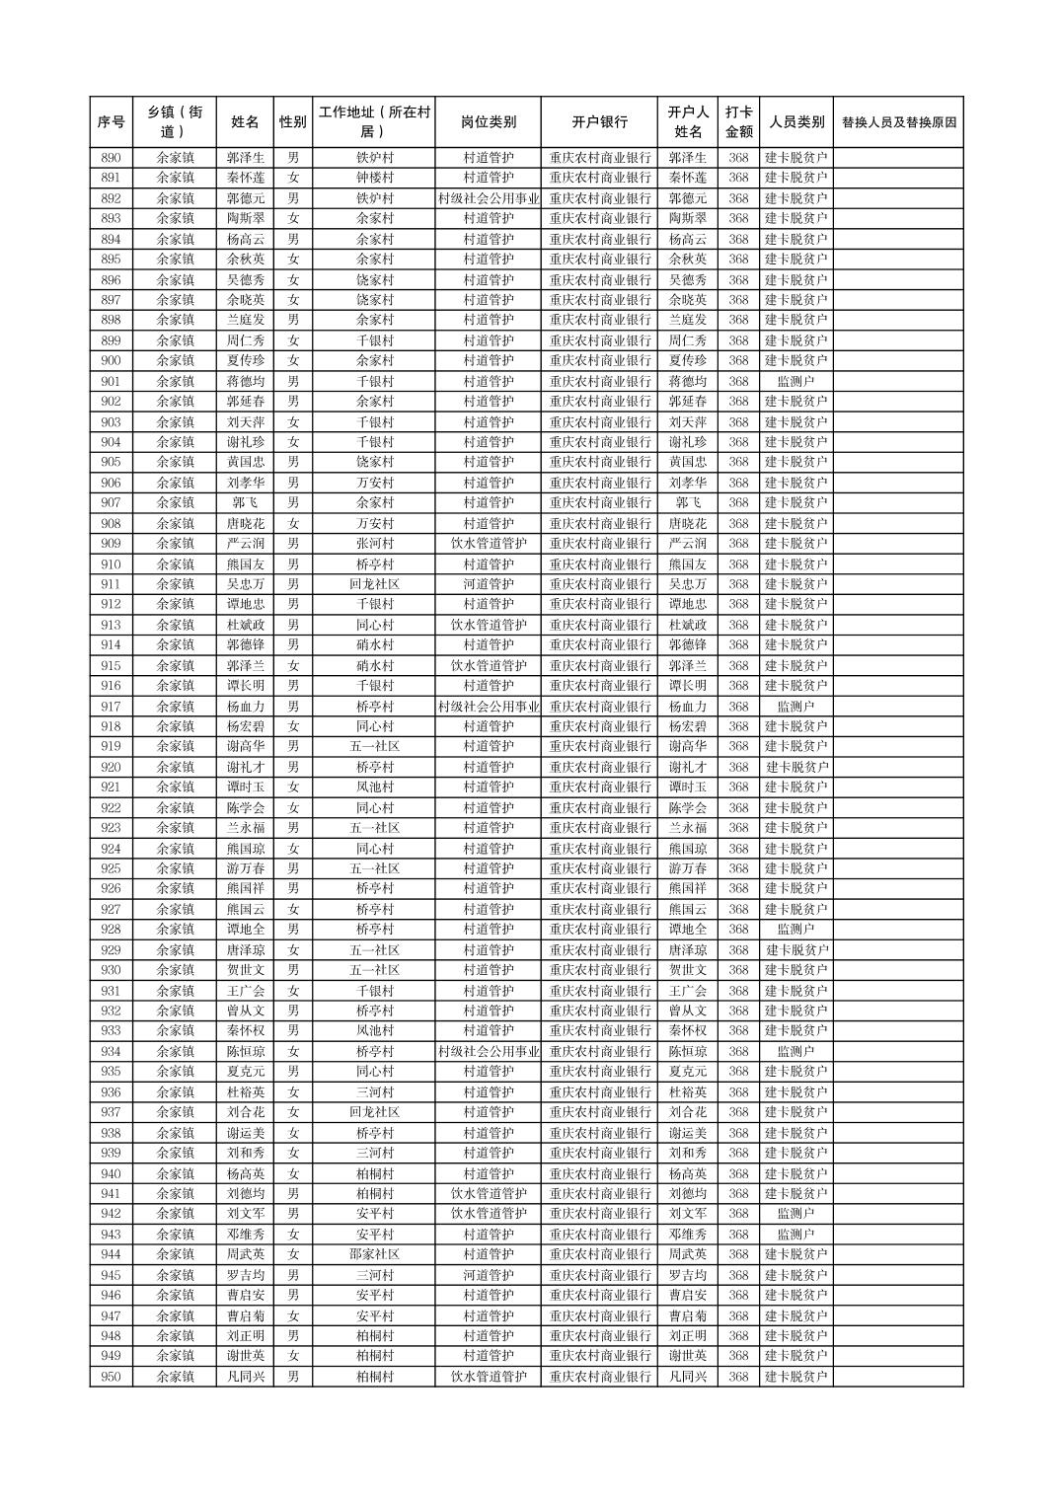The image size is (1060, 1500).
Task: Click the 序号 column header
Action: pyautogui.click(x=111, y=122)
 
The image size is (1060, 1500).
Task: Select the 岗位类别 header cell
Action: pyautogui.click(x=489, y=122)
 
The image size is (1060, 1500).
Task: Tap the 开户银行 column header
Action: pyautogui.click(x=599, y=122)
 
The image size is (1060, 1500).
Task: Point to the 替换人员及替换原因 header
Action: pyautogui.click(x=898, y=122)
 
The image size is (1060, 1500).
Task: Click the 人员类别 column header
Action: pyautogui.click(x=796, y=122)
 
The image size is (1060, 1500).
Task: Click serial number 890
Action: pyautogui.click(x=111, y=158)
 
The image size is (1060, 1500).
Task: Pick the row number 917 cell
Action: pyautogui.click(x=111, y=707)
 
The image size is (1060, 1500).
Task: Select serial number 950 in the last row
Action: pyautogui.click(x=111, y=1377)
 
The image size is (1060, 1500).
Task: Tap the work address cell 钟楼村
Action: pyautogui.click(x=374, y=178)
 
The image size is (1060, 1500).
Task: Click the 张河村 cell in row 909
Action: pyautogui.click(x=374, y=544)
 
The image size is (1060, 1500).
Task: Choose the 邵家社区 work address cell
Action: pyautogui.click(x=374, y=1254)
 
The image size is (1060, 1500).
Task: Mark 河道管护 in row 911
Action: pyautogui.click(x=489, y=584)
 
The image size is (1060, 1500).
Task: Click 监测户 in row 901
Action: pyautogui.click(x=796, y=381)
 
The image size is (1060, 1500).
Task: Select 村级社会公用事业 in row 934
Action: pyautogui.click(x=489, y=1051)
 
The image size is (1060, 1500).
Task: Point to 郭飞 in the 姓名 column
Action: pyautogui.click(x=245, y=502)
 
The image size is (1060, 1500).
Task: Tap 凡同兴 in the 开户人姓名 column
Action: pyautogui.click(x=688, y=1377)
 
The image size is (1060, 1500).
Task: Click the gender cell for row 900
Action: pyautogui.click(x=293, y=360)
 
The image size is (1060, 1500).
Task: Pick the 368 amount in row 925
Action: pyautogui.click(x=738, y=868)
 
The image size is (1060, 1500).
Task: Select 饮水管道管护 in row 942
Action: pyautogui.click(x=489, y=1214)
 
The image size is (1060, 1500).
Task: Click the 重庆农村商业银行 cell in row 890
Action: pyautogui.click(x=599, y=158)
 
